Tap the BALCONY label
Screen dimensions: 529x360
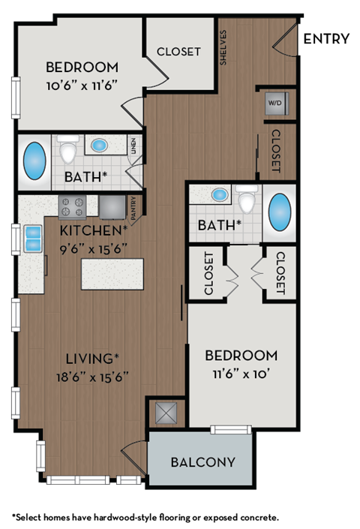(202, 462)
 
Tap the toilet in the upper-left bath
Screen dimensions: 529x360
(69, 151)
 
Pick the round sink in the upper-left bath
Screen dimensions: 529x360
(98, 145)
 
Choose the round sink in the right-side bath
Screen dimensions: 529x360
(219, 195)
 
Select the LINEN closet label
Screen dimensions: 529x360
(133, 146)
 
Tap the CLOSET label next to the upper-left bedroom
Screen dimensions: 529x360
(178, 52)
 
